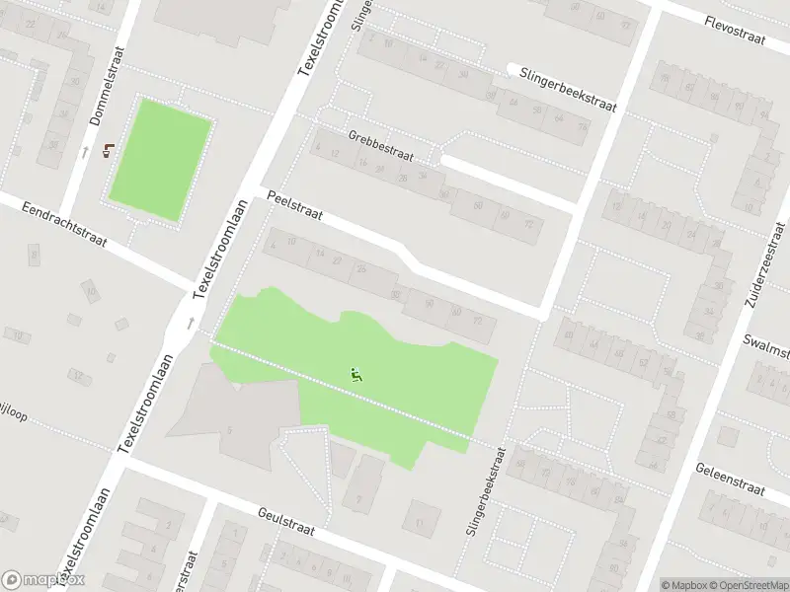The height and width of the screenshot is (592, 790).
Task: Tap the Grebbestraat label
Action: pos(380,146)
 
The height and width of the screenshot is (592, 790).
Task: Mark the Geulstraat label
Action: pos(285,521)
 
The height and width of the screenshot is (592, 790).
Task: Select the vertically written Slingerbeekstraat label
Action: pos(484,490)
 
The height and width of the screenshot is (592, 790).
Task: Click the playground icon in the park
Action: pos(355,373)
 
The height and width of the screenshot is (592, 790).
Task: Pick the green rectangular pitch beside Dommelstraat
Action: pos(159,159)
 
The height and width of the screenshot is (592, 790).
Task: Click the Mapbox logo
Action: pos(42,580)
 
